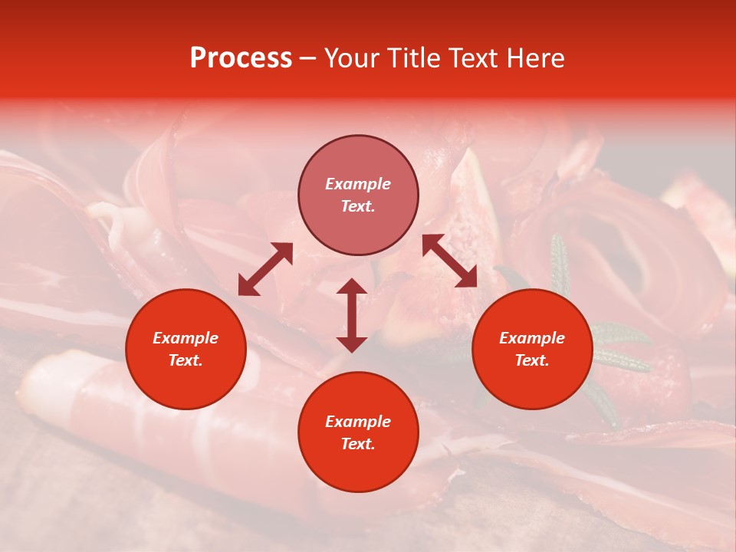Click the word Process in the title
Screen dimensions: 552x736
coord(241,58)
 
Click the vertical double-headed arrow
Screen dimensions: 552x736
coord(352,315)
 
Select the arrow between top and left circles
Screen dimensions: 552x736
coord(265,269)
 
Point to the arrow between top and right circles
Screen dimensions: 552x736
coord(449,261)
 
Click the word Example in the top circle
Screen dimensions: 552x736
coord(358,184)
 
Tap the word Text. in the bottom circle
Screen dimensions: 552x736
coord(358,444)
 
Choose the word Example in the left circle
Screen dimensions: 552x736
coord(186,338)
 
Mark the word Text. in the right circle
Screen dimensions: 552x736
coord(532,360)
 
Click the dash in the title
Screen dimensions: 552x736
coord(307,58)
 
